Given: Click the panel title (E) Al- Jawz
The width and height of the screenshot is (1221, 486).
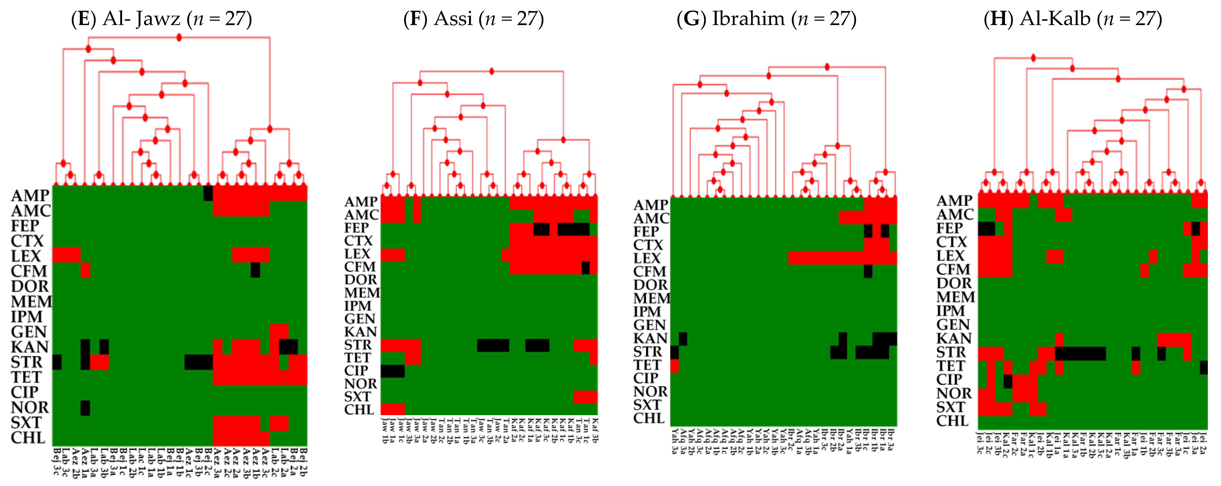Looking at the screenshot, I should pos(161,19).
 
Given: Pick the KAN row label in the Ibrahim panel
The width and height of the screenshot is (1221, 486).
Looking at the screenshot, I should pos(650,338).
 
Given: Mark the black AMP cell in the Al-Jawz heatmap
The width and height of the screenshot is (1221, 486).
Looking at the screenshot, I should pos(208,193).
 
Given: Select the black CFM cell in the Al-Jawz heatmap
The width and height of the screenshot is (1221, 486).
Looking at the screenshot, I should pos(255,270).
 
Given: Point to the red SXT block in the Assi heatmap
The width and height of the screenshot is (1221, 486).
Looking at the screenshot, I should pos(585,396).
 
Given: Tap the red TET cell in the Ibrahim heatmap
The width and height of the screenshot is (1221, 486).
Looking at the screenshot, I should pos(675,366).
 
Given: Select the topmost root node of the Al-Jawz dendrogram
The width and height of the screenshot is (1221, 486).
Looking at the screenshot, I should pos(179,37).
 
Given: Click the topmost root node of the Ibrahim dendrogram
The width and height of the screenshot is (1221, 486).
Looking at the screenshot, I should pos(827,67).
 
